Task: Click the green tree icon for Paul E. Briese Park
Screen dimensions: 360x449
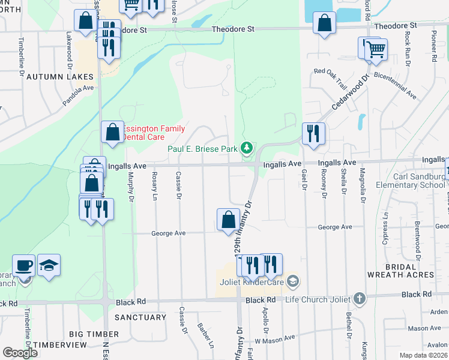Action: point(246,148)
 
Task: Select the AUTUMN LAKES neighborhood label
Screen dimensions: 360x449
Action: point(60,77)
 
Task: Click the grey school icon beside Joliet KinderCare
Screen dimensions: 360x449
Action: point(292,281)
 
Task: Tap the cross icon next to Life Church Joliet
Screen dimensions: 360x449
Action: point(359,298)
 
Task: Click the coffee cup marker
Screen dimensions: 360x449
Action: point(24,265)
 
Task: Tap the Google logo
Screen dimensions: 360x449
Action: point(20,353)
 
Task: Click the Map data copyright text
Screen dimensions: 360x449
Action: point(423,355)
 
